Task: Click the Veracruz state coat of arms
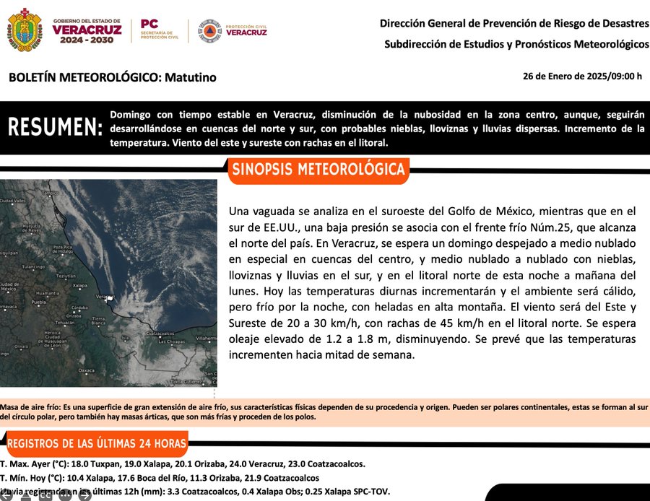pyautogui.click(x=25, y=30)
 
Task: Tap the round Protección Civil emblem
pyautogui.click(x=209, y=30)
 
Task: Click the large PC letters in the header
pyautogui.click(x=149, y=24)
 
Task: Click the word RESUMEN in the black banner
pyautogui.click(x=55, y=128)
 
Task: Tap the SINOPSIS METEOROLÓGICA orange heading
pyautogui.click(x=317, y=170)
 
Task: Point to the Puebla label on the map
pyautogui.click(x=38, y=303)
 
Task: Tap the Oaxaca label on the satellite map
pyautogui.click(x=87, y=370)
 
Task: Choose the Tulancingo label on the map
pyautogui.click(x=33, y=266)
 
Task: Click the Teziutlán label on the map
pyautogui.click(x=66, y=276)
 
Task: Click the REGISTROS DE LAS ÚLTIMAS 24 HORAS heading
pyautogui.click(x=97, y=443)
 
